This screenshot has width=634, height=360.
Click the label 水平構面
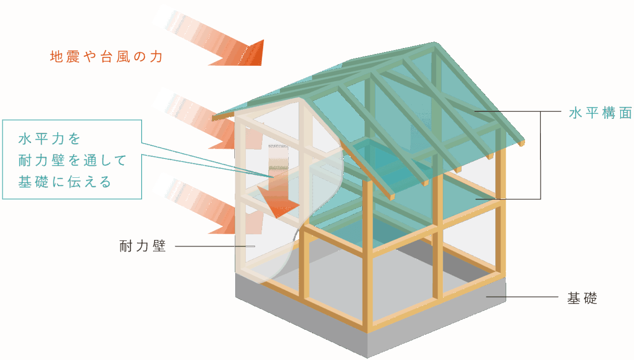point(600,113)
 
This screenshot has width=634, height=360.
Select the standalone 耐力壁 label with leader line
point(143,246)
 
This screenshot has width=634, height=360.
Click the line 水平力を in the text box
point(49,139)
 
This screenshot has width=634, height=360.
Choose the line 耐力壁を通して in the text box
point(72,160)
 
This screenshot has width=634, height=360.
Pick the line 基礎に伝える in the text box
point(64,182)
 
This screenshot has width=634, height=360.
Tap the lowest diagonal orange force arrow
point(198,203)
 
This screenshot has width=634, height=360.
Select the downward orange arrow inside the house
point(280,188)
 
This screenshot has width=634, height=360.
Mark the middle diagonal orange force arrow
point(198,119)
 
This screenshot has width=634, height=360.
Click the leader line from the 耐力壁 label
point(213,246)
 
